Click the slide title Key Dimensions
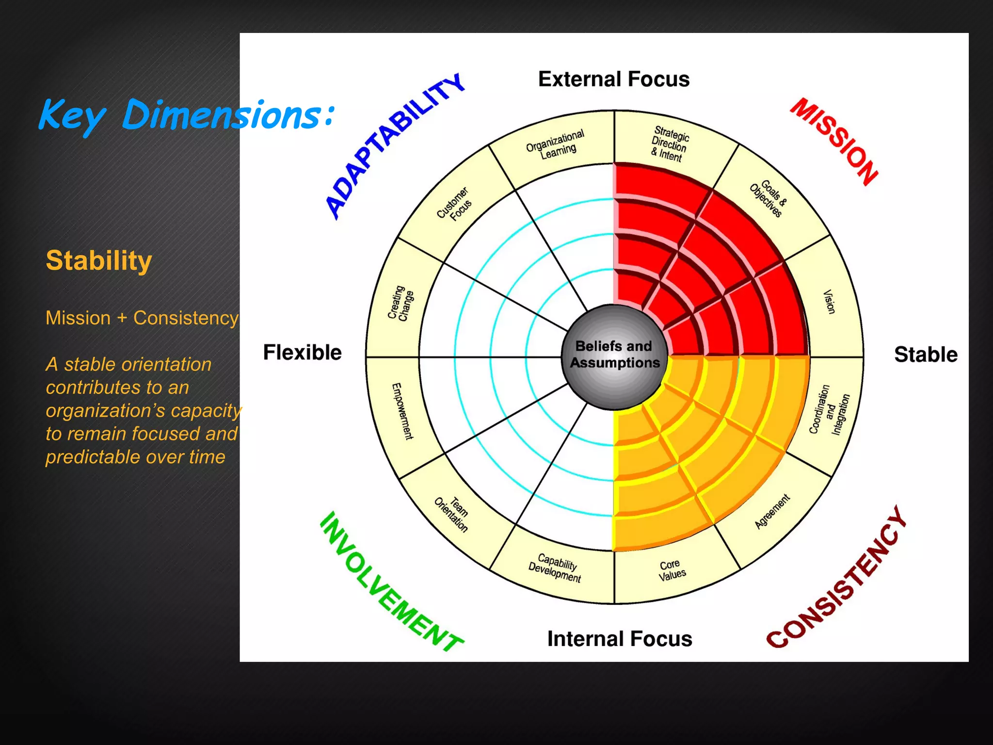point(187,115)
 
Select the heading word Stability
point(99,260)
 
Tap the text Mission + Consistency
point(142,318)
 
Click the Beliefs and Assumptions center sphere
point(614,356)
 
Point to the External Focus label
point(614,79)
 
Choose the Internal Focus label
point(620,639)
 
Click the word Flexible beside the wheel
point(302,353)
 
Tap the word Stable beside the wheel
point(926,355)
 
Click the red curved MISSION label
point(834,141)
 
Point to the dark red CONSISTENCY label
point(837,577)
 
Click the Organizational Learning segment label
point(556,144)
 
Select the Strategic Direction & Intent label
point(669,144)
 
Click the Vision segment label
point(829,302)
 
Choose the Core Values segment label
point(672,570)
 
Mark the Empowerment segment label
point(402,411)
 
